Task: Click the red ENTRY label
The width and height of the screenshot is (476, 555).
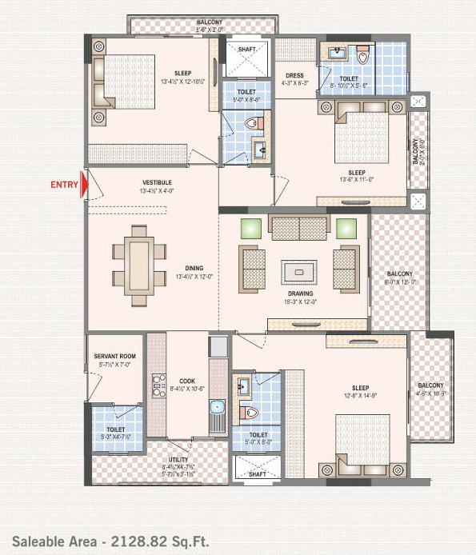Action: pyautogui.click(x=64, y=185)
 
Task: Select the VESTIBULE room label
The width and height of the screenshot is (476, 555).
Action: pyautogui.click(x=157, y=182)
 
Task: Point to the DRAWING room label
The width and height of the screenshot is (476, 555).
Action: pyautogui.click(x=300, y=293)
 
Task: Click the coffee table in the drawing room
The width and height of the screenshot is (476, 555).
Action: pyautogui.click(x=299, y=272)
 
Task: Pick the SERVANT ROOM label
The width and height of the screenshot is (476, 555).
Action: pyautogui.click(x=114, y=356)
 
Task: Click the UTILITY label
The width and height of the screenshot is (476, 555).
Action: pyautogui.click(x=178, y=460)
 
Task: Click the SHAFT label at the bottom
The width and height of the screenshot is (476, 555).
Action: pyautogui.click(x=257, y=473)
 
